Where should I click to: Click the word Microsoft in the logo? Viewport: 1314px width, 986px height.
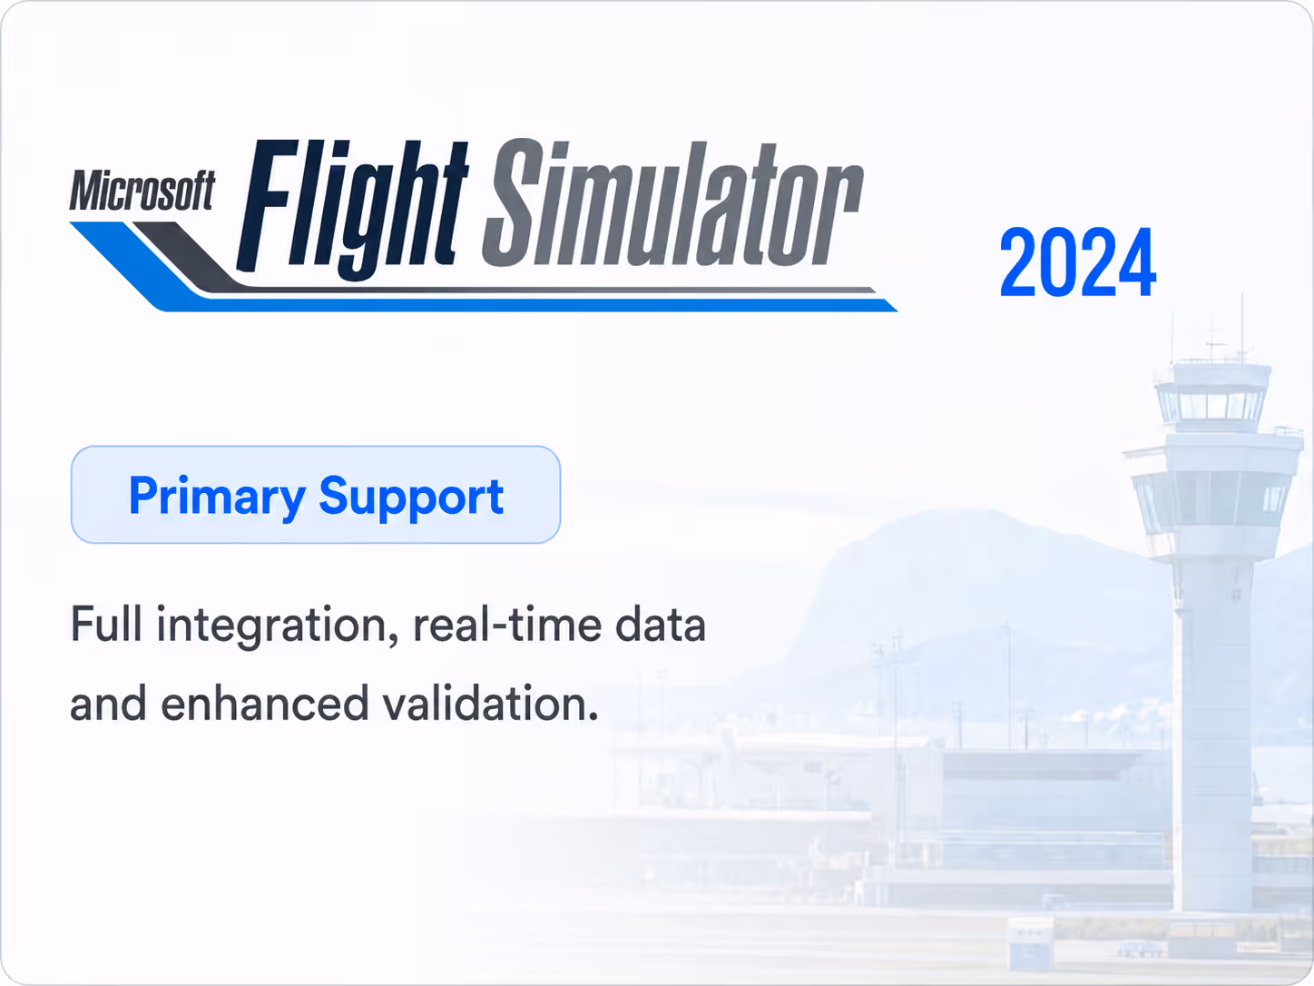[142, 190]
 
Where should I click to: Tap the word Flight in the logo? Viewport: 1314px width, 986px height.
[352, 206]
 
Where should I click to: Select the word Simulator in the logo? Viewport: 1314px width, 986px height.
[673, 202]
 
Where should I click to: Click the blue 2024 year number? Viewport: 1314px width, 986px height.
[1077, 262]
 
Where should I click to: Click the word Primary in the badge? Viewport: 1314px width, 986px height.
[217, 497]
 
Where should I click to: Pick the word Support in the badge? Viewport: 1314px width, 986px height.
[411, 497]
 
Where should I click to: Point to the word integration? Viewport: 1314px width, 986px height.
[277, 626]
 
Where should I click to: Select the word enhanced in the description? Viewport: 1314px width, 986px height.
[264, 704]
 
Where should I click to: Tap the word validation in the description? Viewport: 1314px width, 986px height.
[490, 704]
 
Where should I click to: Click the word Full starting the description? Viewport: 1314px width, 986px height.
[106, 624]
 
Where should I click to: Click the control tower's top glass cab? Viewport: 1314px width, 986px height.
[1212, 404]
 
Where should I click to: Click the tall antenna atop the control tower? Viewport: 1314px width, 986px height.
[1241, 326]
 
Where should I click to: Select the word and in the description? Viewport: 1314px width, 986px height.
[108, 704]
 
